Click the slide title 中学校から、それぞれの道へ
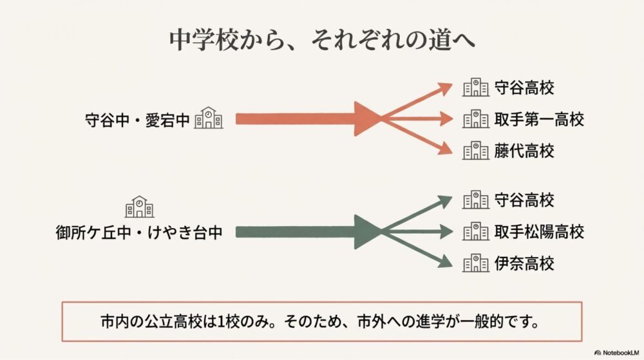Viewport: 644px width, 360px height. click(x=322, y=39)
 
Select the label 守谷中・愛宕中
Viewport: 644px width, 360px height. click(x=138, y=119)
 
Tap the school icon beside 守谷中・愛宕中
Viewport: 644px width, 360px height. click(x=209, y=118)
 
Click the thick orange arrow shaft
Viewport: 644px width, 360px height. click(x=296, y=119)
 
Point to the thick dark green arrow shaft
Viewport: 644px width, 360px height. click(x=296, y=232)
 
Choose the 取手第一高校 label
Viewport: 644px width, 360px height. click(x=539, y=119)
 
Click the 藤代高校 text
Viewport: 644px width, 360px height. click(x=524, y=151)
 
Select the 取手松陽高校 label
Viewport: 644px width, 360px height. click(x=539, y=232)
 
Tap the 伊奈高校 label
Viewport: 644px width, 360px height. click(x=524, y=263)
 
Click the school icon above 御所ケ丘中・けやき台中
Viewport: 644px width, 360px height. click(x=139, y=207)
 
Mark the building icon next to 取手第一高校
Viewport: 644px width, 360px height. click(x=475, y=119)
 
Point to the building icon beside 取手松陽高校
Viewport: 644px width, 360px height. click(x=475, y=231)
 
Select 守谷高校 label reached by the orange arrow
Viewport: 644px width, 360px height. click(x=524, y=88)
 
